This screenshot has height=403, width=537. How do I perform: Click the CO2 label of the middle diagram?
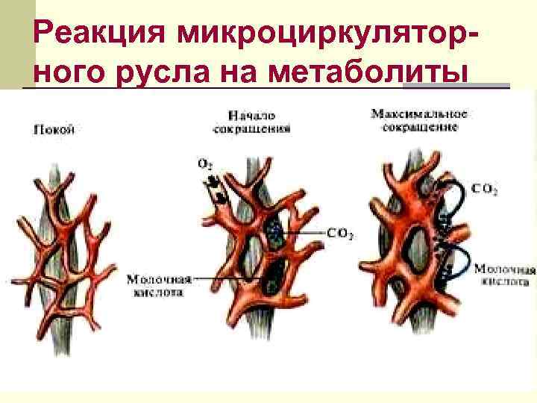pos(340,233)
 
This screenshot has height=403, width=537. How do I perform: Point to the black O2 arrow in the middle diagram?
pos(217,188)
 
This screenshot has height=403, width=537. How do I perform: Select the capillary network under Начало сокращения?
pos(261,239)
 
